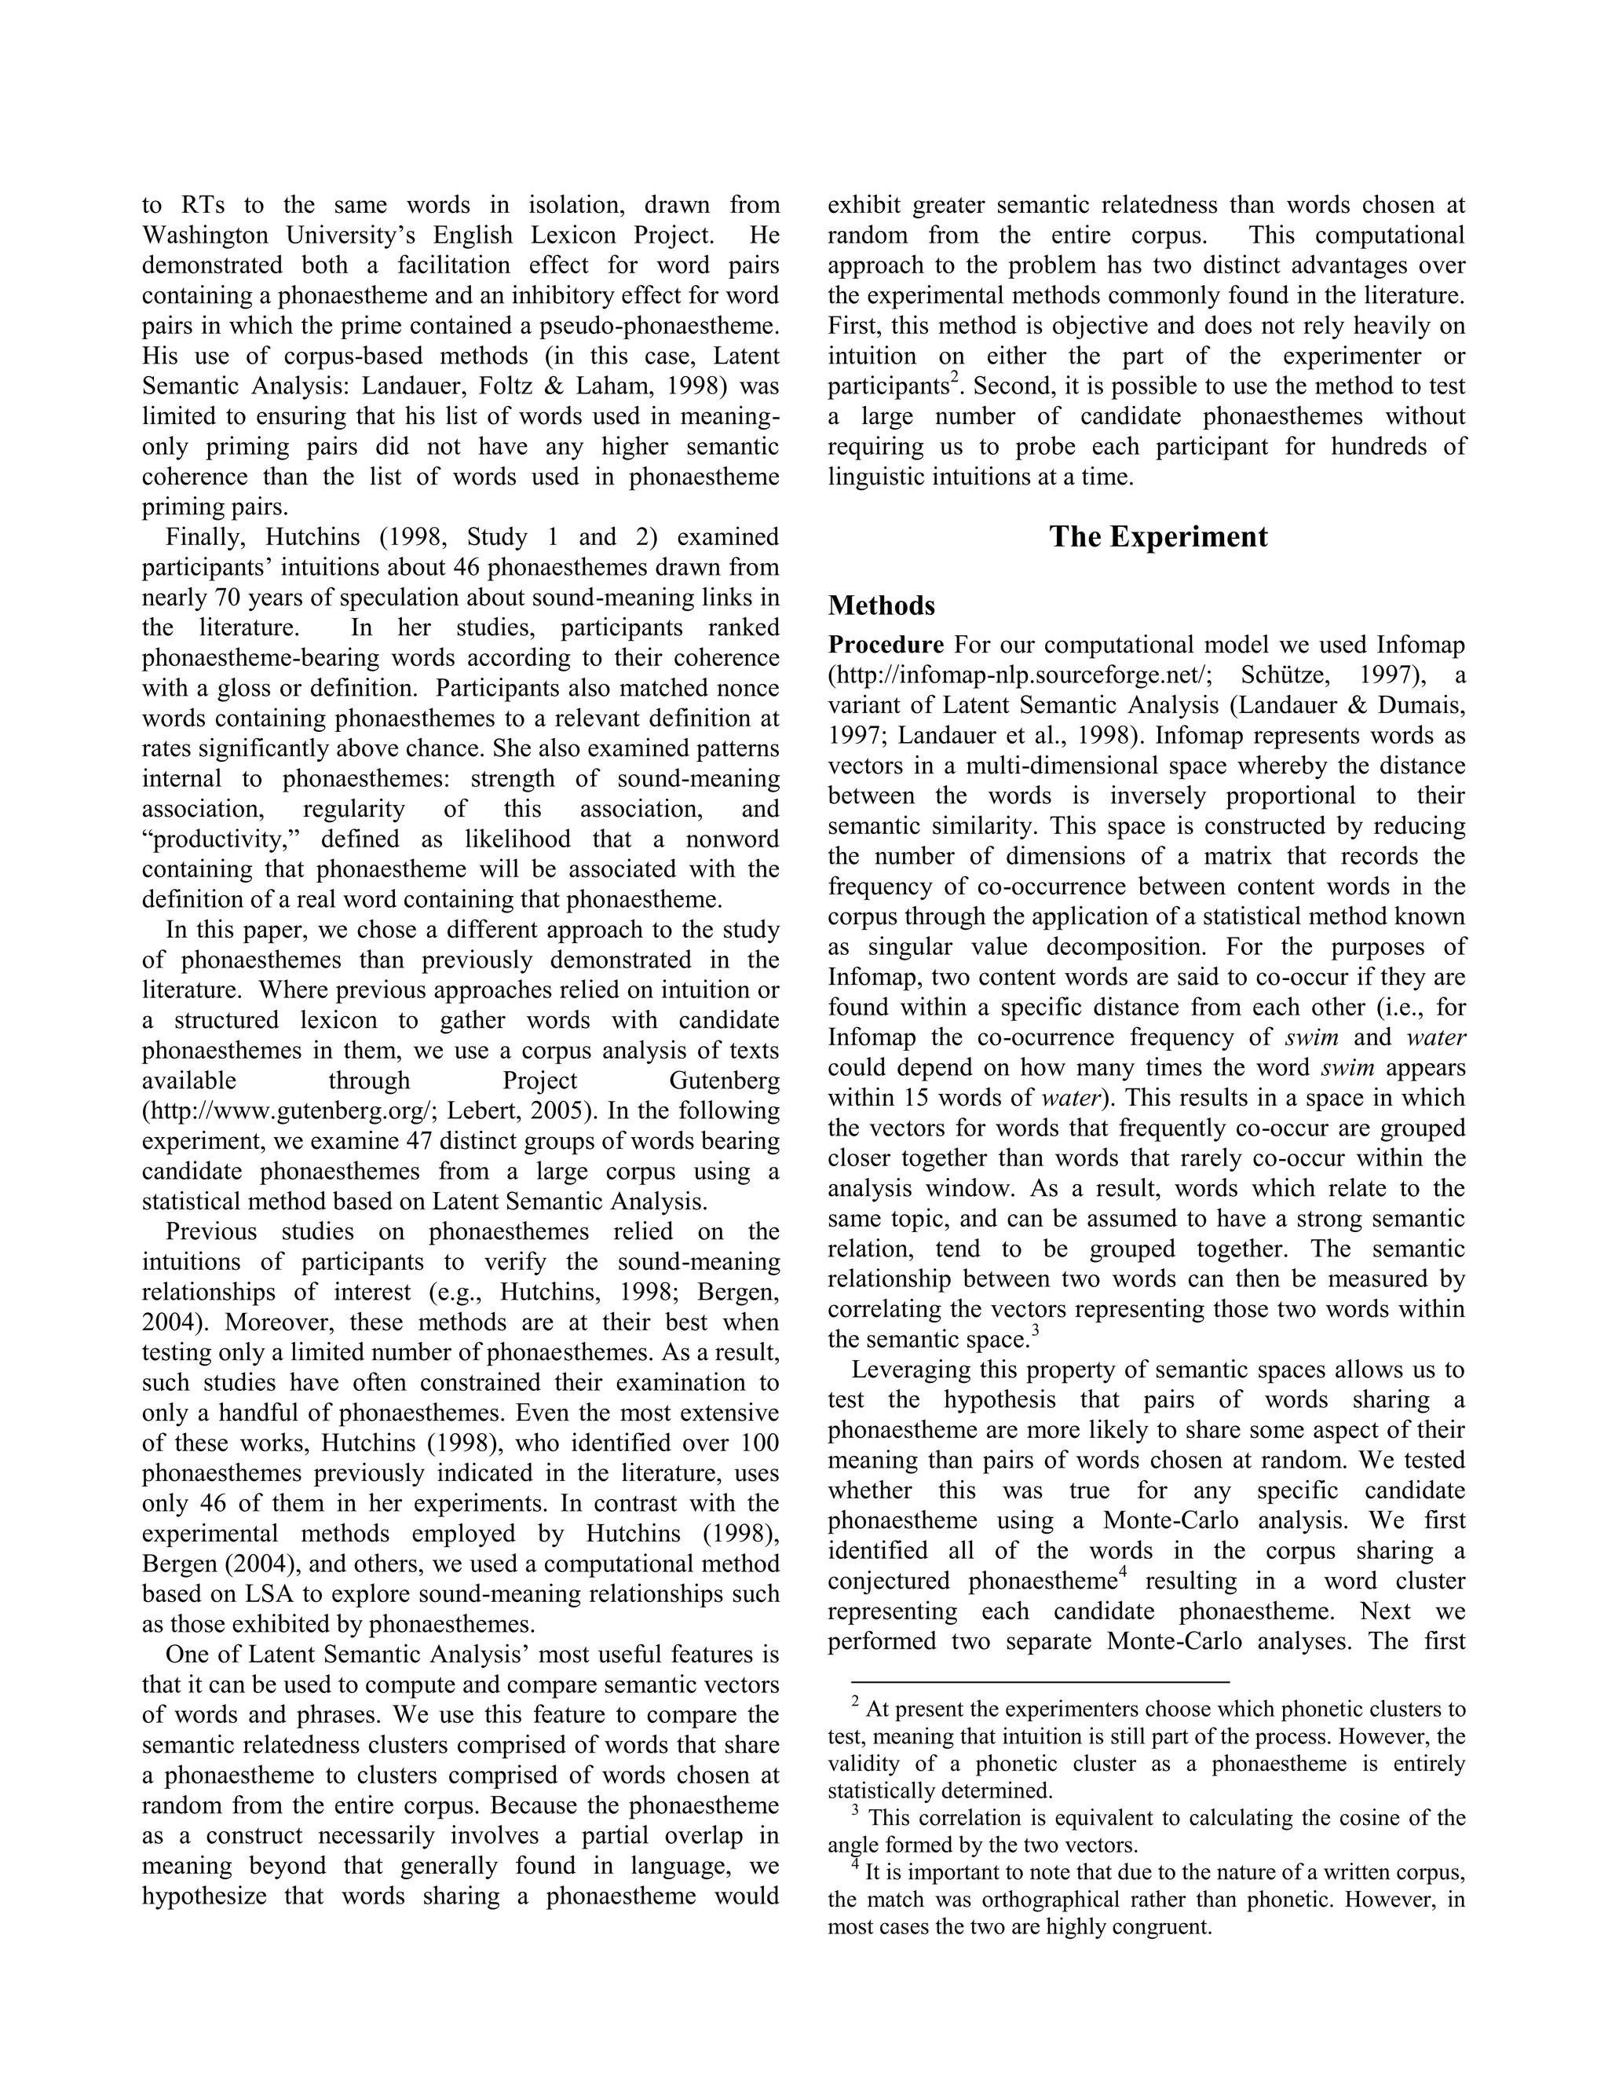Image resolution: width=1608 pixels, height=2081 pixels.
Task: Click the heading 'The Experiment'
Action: tap(1157, 537)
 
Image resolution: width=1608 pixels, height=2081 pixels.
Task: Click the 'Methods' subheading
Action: tap(881, 606)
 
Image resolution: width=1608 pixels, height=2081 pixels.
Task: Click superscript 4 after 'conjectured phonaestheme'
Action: tap(1122, 1571)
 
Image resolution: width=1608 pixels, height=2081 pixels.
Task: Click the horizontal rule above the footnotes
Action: tap(1040, 1683)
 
